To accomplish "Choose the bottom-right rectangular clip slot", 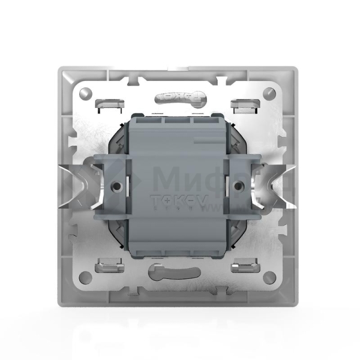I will tap(244, 264).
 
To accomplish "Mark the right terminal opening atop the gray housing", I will tap(205, 120).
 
